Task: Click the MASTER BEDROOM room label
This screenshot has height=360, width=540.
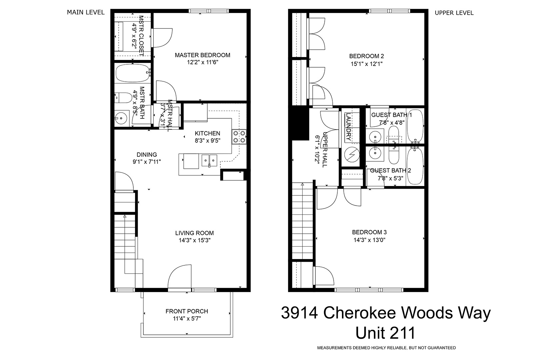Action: [x=203, y=55]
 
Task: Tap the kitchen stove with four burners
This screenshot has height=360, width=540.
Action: [x=239, y=137]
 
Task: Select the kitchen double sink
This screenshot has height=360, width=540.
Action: [x=209, y=161]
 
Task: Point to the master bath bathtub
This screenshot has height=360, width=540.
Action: [x=133, y=73]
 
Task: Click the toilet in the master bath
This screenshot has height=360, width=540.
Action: [x=123, y=98]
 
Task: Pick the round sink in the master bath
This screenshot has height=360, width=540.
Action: [x=121, y=118]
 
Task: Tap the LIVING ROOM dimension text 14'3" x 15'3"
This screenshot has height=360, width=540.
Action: [x=195, y=240]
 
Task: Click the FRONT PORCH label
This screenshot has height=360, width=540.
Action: [x=187, y=311]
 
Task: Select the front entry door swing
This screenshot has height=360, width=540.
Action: [x=180, y=276]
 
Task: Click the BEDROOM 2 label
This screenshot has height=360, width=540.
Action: [x=366, y=56]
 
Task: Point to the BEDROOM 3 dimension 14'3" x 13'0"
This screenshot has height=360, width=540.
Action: [x=369, y=240]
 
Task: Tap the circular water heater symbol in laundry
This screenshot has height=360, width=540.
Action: [x=352, y=154]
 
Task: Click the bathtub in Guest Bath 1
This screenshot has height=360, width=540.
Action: [x=415, y=126]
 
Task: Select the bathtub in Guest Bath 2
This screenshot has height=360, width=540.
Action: [x=415, y=166]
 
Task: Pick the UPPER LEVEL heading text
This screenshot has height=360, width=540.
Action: [x=454, y=13]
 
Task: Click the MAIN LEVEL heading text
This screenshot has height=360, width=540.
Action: [x=86, y=12]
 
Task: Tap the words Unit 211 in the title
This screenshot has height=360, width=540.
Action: [x=385, y=333]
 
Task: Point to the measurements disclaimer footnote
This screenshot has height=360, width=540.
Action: [x=386, y=348]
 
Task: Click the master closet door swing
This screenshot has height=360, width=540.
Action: [x=162, y=38]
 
